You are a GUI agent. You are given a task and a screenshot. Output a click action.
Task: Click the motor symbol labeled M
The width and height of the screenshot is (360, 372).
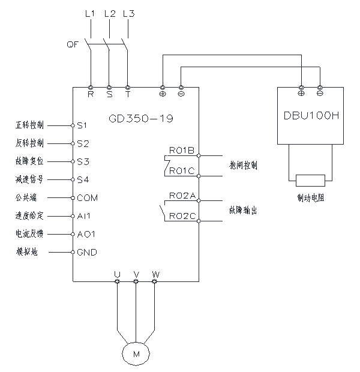[136, 355]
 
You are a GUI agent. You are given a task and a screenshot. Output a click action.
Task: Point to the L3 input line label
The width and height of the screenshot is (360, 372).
[128, 13]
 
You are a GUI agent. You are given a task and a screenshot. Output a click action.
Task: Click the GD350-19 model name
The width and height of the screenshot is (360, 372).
[142, 118]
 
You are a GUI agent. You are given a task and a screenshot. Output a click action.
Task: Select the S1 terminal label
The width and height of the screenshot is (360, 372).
[83, 125]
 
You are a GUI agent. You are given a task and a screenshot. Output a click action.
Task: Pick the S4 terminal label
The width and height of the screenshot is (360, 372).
[83, 179]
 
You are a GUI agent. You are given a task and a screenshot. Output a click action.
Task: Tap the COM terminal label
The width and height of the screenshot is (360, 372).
[87, 197]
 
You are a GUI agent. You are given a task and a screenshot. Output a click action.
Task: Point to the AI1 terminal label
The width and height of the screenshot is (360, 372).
[83, 215]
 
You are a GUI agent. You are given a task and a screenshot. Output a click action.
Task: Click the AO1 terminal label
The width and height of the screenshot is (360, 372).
[85, 233]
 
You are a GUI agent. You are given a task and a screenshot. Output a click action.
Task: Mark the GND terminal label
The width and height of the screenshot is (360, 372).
[87, 252]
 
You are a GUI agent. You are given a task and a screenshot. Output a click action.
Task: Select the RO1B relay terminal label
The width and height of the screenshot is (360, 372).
[182, 149]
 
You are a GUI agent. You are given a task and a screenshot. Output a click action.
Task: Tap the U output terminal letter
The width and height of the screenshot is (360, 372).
[118, 274]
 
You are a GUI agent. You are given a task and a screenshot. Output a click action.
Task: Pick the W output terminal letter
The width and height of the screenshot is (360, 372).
[155, 274]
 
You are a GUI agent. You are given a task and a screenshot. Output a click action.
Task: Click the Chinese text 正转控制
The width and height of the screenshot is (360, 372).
[29, 126]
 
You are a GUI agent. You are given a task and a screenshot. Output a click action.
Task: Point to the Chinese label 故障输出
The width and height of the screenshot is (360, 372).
[244, 210]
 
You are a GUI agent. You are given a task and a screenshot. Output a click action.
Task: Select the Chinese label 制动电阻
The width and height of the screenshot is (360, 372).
[310, 197]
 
